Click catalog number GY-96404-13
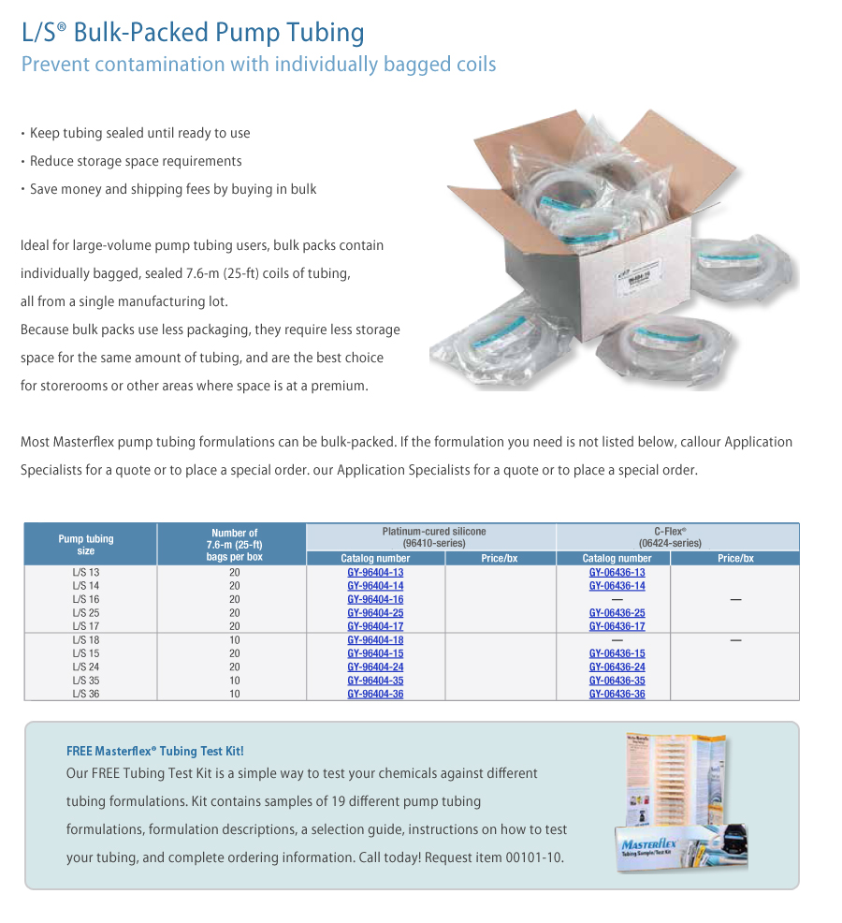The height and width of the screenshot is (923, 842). (x=375, y=573)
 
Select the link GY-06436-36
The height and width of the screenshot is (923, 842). (x=617, y=694)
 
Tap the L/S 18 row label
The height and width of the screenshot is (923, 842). (x=85, y=640)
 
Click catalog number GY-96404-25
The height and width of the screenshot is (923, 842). (x=375, y=613)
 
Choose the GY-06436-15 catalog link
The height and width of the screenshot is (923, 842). (x=617, y=653)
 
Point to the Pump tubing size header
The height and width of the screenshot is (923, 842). (x=86, y=545)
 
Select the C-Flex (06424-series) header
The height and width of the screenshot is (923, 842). (x=677, y=537)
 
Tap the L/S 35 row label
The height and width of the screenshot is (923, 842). (x=85, y=681)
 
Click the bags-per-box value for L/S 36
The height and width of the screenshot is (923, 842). (x=234, y=694)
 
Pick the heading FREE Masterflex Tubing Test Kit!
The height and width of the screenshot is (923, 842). (x=155, y=751)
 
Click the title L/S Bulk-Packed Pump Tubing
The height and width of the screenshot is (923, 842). (x=193, y=33)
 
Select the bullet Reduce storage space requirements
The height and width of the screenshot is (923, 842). (x=136, y=161)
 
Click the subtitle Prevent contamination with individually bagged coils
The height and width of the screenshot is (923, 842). (x=258, y=65)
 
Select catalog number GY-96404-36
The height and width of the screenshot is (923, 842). (x=375, y=694)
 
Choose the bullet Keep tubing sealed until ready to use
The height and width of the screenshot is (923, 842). (x=139, y=133)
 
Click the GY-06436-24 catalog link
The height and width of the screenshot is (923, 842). (x=617, y=667)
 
